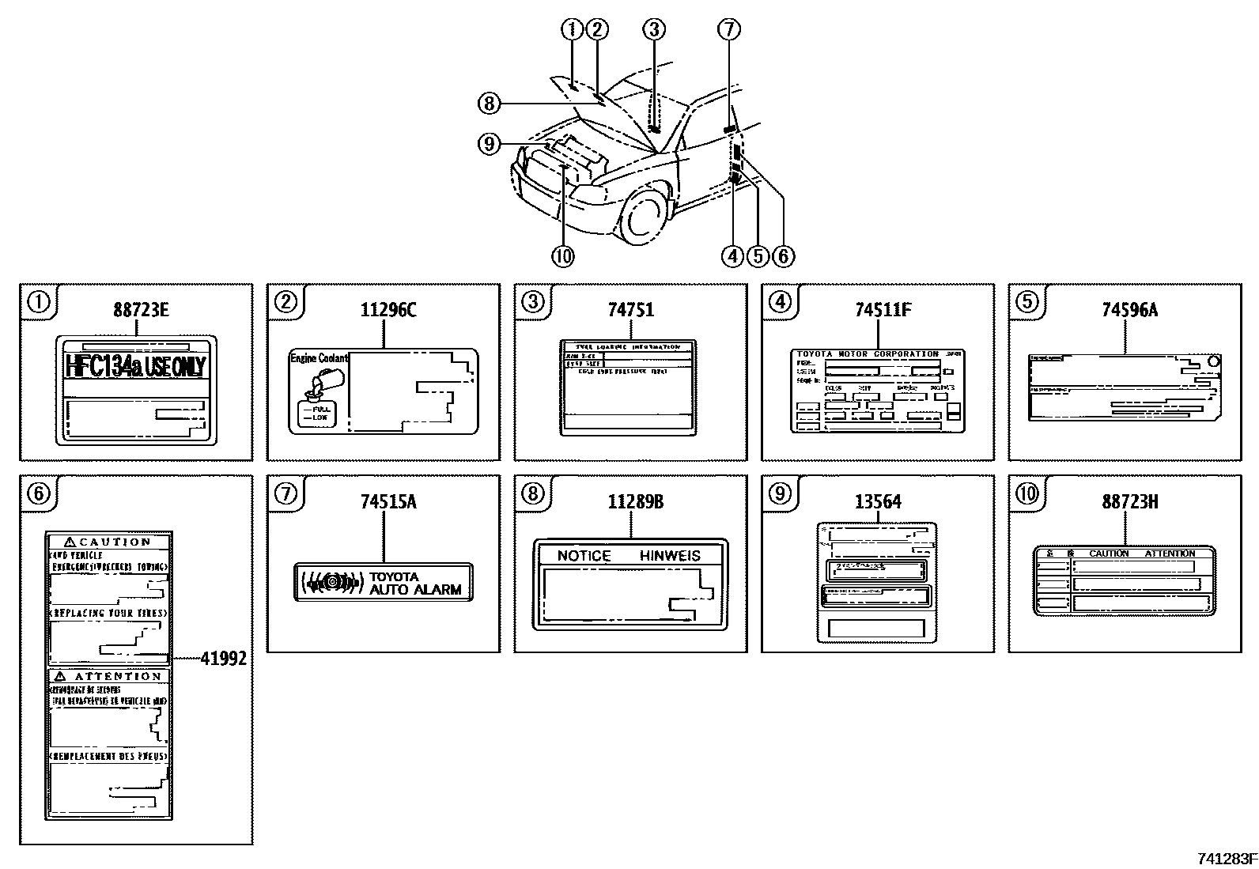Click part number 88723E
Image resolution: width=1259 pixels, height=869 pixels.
(141, 310)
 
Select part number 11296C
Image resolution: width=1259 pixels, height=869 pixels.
(388, 310)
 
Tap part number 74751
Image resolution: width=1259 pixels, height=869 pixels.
(630, 310)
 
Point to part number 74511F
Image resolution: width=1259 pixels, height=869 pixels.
(883, 310)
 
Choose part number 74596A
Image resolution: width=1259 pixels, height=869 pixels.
(1129, 310)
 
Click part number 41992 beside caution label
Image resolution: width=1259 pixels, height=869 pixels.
(222, 658)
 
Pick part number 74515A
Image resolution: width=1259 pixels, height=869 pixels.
(388, 501)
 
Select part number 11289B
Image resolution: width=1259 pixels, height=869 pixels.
(635, 501)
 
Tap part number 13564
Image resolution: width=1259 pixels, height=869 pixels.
(877, 501)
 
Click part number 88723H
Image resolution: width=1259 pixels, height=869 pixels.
(1129, 501)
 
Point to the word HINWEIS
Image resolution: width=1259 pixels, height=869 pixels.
(670, 556)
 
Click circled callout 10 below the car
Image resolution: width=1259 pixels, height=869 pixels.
(562, 256)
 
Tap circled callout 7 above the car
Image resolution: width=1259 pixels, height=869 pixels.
(728, 30)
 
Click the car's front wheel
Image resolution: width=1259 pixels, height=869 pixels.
(642, 215)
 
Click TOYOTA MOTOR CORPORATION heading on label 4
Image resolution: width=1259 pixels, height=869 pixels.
(867, 354)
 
